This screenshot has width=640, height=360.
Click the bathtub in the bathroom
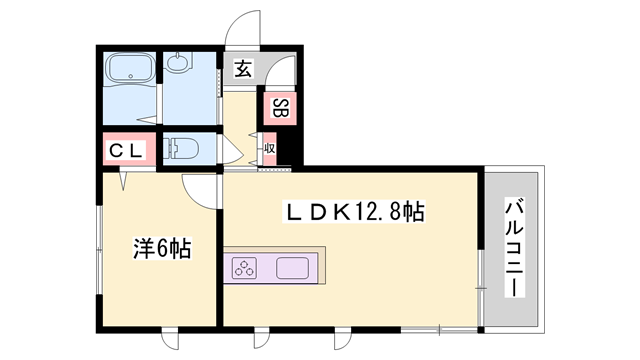coord(128,72)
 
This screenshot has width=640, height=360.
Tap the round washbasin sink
coord(180,66)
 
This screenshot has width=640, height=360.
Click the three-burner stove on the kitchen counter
coord(246,268)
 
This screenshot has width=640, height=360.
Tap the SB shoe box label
coord(280,108)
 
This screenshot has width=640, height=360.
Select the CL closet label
coord(127,151)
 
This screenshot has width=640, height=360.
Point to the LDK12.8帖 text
coord(356,212)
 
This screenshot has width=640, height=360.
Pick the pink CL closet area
coord(127,151)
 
